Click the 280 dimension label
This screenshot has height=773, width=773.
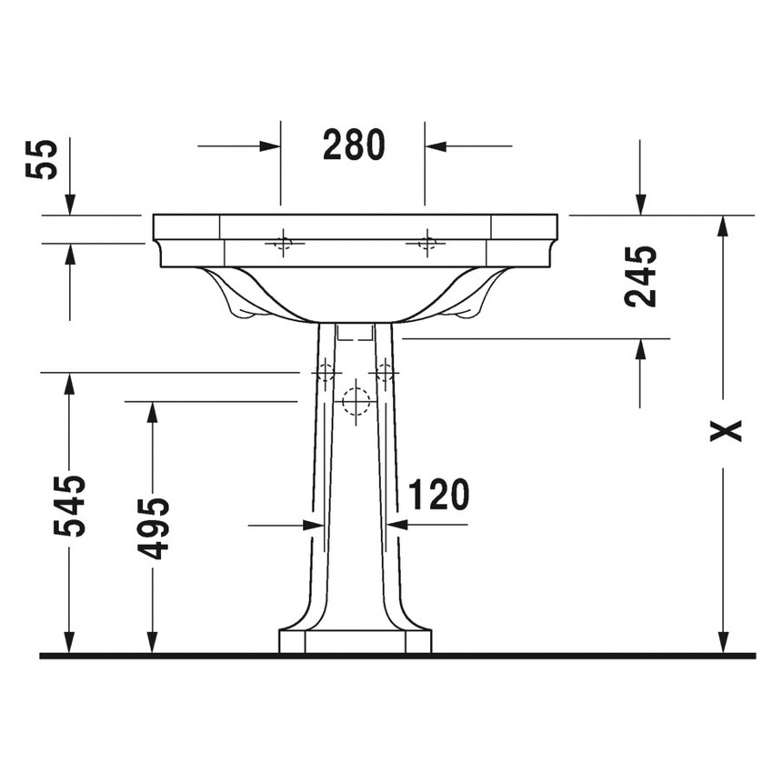pos(354,145)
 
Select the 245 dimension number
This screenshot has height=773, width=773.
pos(641,276)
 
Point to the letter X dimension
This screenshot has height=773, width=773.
pos(725,430)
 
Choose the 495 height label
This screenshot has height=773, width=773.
pos(153,527)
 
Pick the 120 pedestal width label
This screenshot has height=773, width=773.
pos(438,495)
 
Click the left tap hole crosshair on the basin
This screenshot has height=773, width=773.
pos(282,242)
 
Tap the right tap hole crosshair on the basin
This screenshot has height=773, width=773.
pos(425,242)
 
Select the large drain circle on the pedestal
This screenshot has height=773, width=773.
pos(355,401)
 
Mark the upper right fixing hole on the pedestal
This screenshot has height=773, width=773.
pos(386,372)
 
